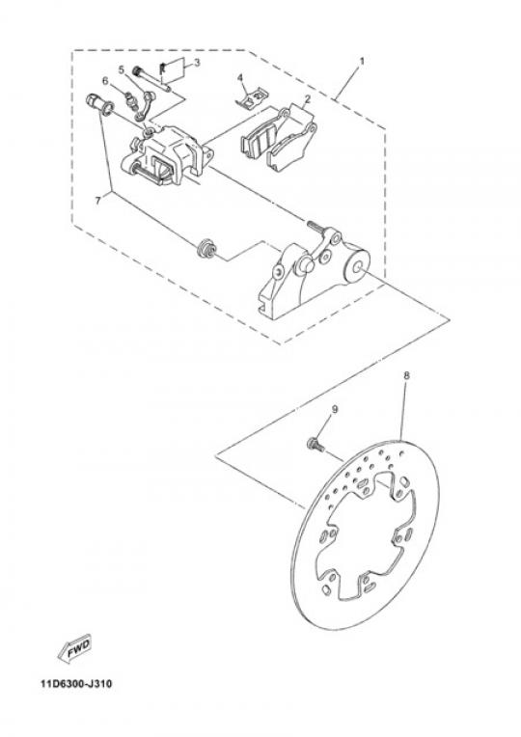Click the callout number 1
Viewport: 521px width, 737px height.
click(362, 61)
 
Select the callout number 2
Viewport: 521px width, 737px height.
click(308, 99)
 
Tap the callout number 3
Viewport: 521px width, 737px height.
click(197, 63)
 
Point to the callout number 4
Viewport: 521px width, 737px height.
click(240, 77)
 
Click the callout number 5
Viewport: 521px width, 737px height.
click(122, 70)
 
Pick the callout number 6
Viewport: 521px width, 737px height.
click(105, 81)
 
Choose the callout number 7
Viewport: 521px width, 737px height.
click(97, 201)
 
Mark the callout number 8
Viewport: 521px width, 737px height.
click(407, 375)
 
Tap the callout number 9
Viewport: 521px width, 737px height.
click(335, 409)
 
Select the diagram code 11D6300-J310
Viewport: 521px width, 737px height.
click(76, 684)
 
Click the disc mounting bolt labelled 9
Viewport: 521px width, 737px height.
click(315, 444)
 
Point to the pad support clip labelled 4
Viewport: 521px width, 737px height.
click(252, 97)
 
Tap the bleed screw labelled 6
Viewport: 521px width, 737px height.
click(131, 99)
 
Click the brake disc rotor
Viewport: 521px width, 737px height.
click(365, 535)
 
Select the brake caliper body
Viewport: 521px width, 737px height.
click(166, 155)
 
